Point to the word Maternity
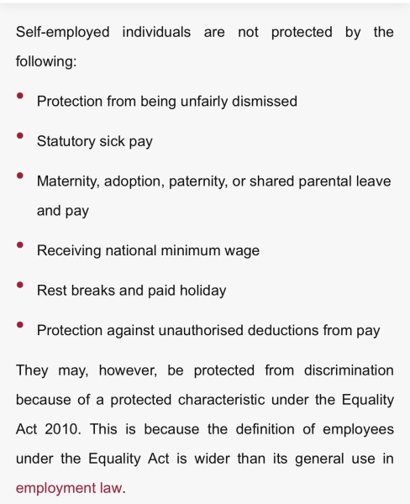68,181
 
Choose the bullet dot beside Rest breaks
21,284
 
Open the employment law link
69,488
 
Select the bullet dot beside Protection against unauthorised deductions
21,324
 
